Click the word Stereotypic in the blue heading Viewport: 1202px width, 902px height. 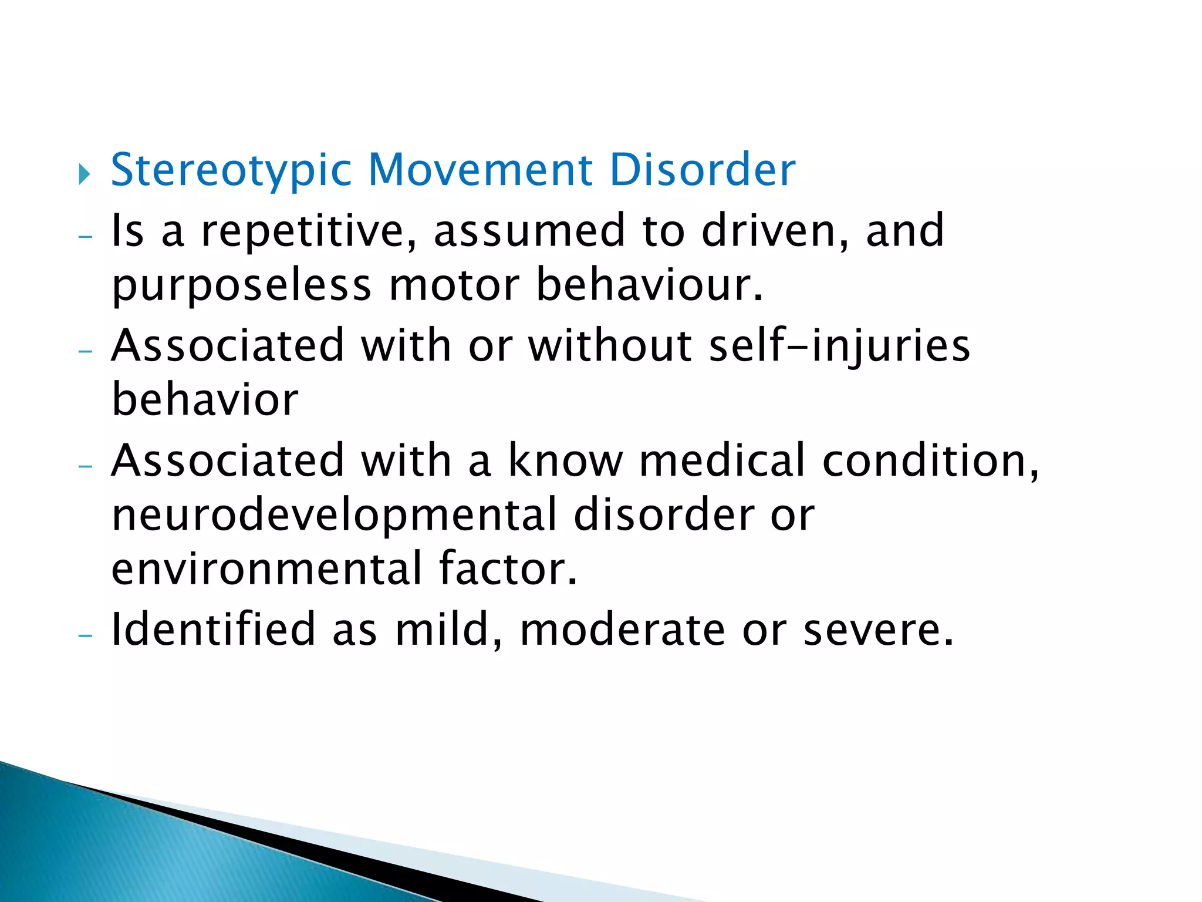tap(231, 170)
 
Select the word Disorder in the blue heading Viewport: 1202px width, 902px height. tap(702, 170)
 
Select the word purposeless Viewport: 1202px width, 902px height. tap(242, 287)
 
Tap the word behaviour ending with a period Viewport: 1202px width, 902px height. tap(649, 285)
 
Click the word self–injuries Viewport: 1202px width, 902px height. tap(839, 346)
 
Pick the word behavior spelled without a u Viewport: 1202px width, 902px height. tap(205, 400)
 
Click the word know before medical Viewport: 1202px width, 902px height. tap(565, 460)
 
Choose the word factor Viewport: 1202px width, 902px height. tap(508, 569)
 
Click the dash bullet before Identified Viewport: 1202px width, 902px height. tap(86, 636)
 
